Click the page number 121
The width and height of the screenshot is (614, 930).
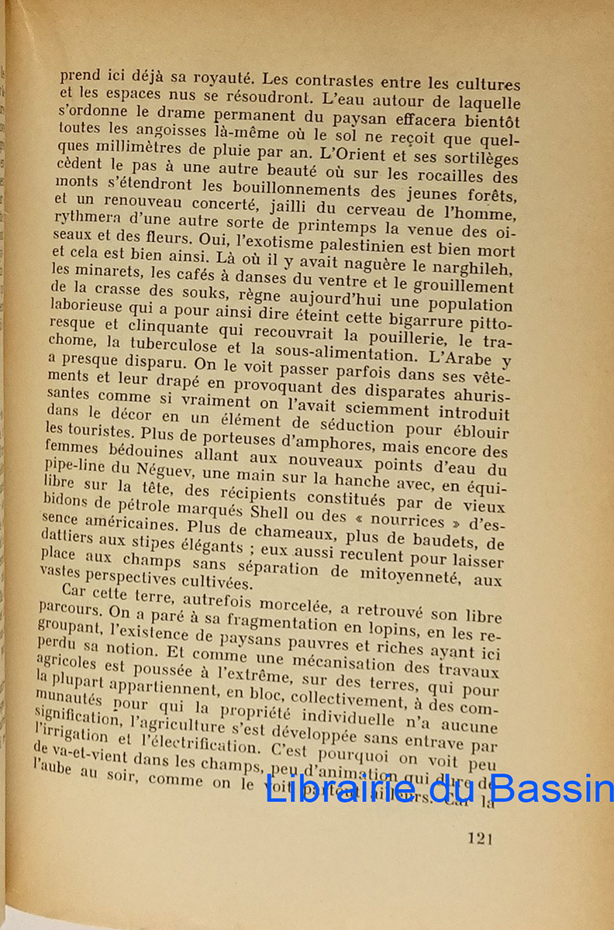pyautogui.click(x=481, y=837)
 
